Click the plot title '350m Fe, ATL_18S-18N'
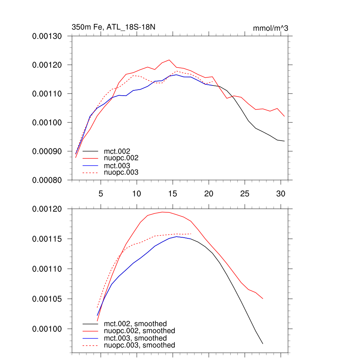coord(113,27)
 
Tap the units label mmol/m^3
coord(270,28)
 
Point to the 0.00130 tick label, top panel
coord(47,36)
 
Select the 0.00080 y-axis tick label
coord(47,180)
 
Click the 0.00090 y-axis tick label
coord(47,151)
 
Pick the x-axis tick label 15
coord(173,193)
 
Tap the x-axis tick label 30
coord(280,193)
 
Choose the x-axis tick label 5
coord(101,193)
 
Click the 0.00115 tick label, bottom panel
coord(47,239)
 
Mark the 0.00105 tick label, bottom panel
coord(47,299)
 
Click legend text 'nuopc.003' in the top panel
coord(121,173)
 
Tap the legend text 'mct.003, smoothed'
coord(135,338)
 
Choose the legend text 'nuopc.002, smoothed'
coord(140,331)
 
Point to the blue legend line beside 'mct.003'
coord(90,166)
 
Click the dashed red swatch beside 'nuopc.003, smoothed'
coord(90,345)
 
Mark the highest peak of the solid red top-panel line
coord(169,60)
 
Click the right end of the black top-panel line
coord(284,141)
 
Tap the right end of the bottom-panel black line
coord(263,343)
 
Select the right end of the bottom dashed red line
coord(191,234)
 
